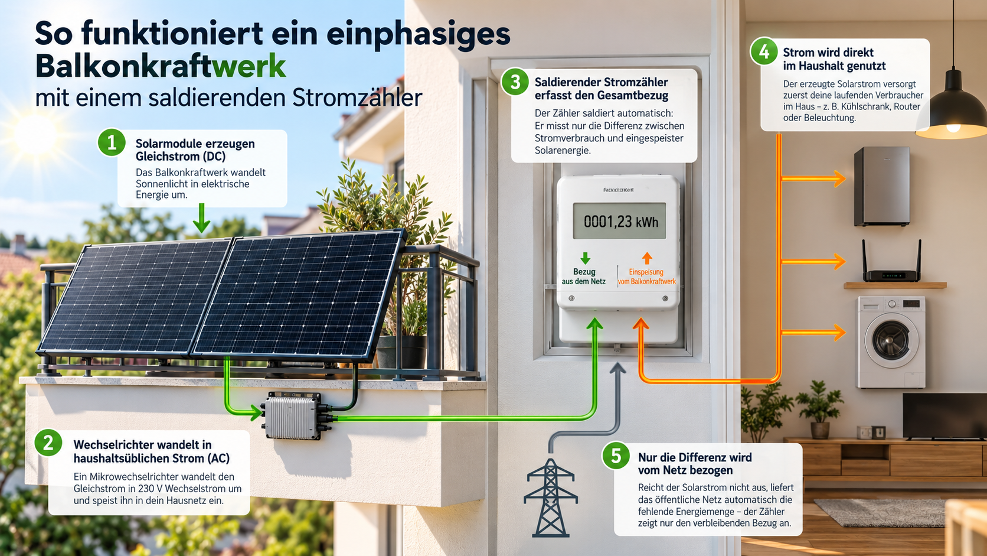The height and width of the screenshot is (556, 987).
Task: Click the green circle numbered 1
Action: [112, 142]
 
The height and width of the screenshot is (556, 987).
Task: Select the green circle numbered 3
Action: [515, 82]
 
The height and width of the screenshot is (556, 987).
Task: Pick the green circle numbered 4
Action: [764, 51]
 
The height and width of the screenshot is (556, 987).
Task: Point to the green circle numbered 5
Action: [616, 456]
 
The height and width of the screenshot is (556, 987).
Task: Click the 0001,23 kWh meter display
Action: [619, 221]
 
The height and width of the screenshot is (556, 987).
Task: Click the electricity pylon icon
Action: [550, 497]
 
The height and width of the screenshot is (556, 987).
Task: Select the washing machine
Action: [891, 342]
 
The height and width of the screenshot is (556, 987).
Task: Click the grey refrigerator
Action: [882, 186]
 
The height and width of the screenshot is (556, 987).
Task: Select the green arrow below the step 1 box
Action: [201, 218]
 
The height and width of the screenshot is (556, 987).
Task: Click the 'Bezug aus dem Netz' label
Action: [584, 277]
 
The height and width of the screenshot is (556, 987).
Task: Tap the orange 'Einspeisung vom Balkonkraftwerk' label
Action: [646, 277]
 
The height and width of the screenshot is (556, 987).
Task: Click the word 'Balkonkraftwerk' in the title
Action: [161, 66]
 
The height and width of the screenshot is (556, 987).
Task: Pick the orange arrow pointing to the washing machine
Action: [813, 333]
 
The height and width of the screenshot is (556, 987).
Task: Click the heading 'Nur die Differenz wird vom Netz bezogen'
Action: [695, 463]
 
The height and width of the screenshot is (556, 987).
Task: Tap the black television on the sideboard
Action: [944, 416]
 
